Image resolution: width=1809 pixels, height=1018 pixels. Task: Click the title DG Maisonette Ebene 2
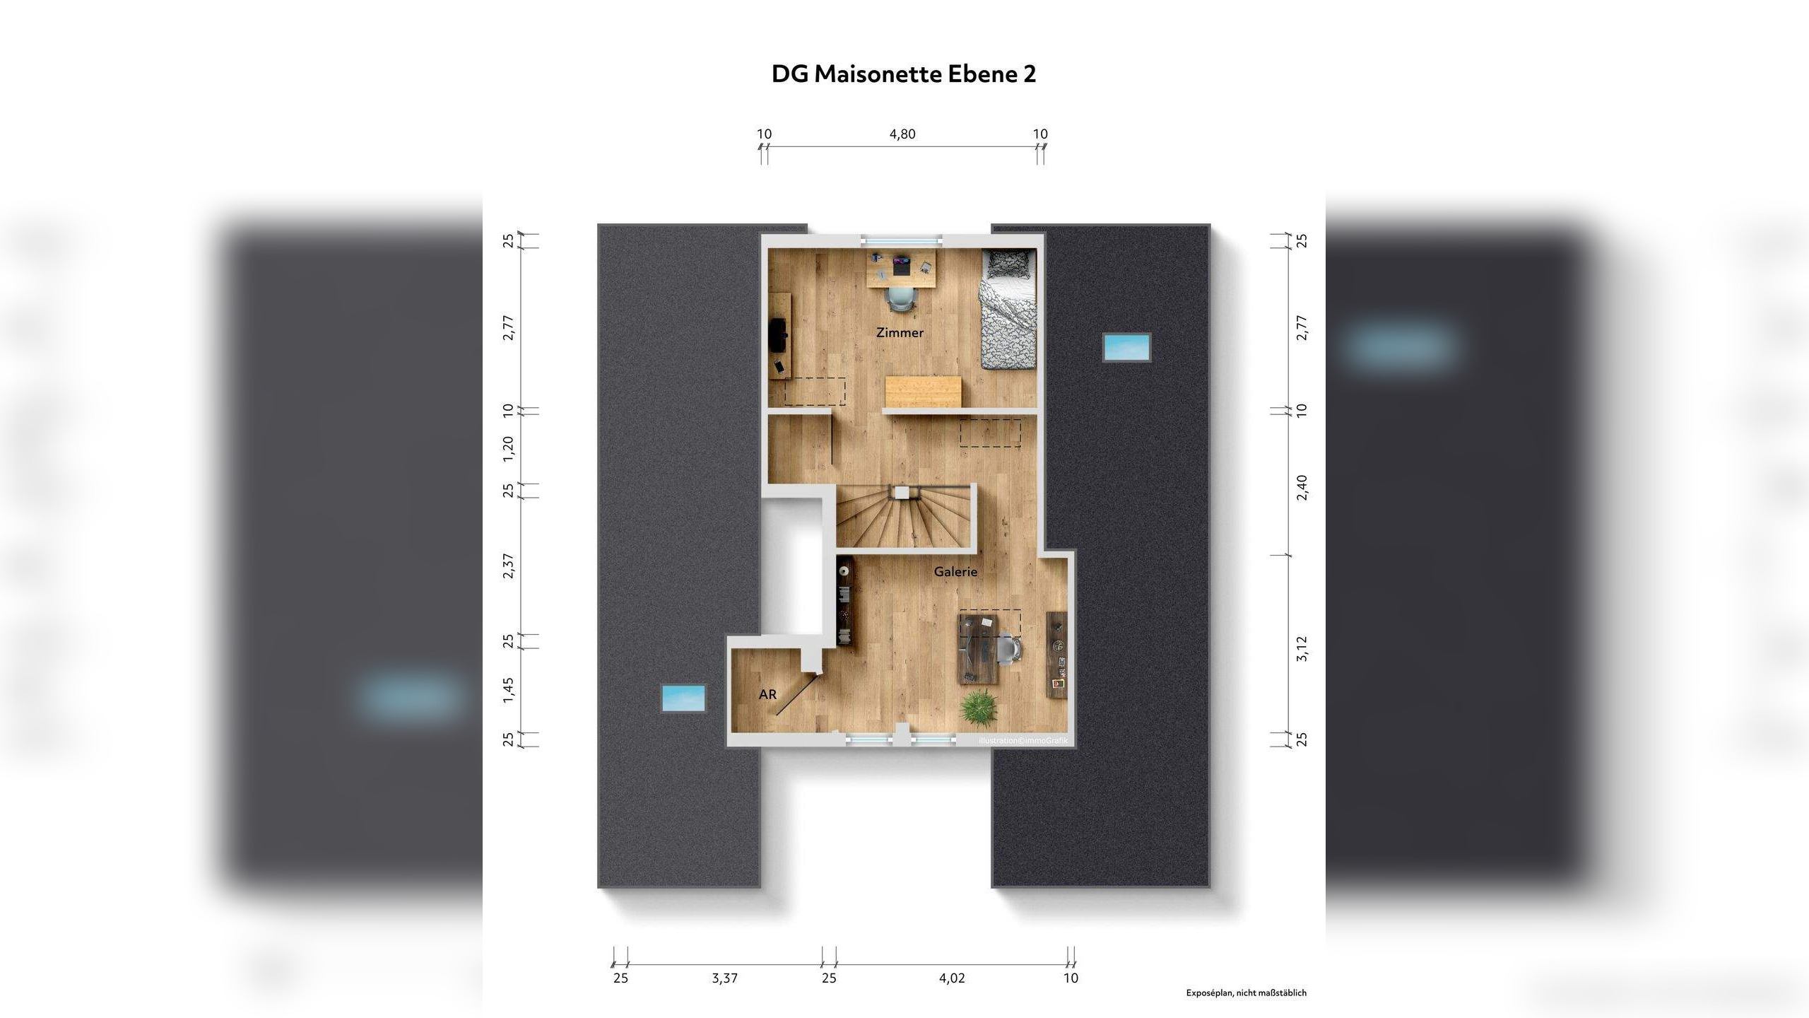point(903,74)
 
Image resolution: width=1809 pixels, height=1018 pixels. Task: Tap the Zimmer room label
point(900,333)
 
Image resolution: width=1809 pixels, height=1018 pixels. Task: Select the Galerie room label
point(955,572)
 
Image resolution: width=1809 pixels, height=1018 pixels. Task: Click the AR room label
point(767,695)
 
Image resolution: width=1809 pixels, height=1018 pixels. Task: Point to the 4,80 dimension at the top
point(902,134)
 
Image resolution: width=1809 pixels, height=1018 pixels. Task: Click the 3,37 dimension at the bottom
point(724,978)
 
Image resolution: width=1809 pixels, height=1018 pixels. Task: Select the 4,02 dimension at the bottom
point(951,978)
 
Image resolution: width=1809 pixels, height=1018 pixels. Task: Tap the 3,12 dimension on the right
point(1302,648)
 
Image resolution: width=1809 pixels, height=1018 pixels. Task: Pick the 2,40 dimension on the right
point(1302,487)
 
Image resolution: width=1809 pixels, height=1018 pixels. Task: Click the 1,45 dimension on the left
point(508,690)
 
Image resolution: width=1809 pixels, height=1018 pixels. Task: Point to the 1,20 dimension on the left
point(508,449)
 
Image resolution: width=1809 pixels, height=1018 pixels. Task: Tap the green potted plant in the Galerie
point(979,705)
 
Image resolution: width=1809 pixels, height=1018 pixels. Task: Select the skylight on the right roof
point(1126,347)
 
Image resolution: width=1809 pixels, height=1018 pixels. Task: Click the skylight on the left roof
point(683,698)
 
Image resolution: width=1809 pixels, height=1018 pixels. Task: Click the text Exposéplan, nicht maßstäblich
point(1246,993)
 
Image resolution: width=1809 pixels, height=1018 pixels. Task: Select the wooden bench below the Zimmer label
point(923,391)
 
